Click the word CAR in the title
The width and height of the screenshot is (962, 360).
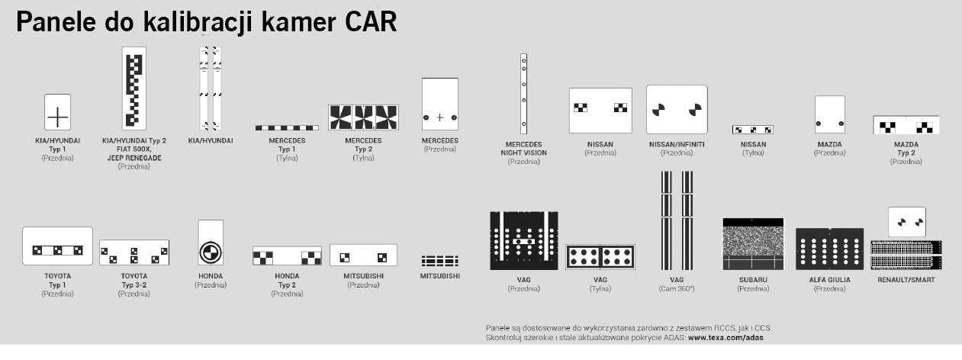371,21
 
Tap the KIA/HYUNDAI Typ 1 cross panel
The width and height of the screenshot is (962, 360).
57,112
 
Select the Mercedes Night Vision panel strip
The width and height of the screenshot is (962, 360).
523,94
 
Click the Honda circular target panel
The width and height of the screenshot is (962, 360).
211,243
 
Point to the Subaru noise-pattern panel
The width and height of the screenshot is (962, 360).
753,244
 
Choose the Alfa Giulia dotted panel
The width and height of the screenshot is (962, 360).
829,249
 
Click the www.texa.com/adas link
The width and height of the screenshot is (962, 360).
726,338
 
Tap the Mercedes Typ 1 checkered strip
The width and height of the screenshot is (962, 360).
287,127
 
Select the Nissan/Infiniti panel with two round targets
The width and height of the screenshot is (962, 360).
677,110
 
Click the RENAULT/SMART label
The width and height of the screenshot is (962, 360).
906,280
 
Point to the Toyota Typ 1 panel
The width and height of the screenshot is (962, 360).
57,246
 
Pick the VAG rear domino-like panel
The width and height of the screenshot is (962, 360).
600,257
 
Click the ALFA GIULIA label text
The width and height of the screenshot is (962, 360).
829,280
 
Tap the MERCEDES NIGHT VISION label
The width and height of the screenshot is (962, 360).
523,148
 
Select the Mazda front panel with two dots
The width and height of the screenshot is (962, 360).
830,114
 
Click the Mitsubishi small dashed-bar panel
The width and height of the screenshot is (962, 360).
439,261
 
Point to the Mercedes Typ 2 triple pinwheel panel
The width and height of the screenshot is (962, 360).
363,117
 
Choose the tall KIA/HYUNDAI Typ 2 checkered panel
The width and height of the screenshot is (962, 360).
134,88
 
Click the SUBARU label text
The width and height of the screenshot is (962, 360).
753,280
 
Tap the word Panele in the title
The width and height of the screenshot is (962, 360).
56,21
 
